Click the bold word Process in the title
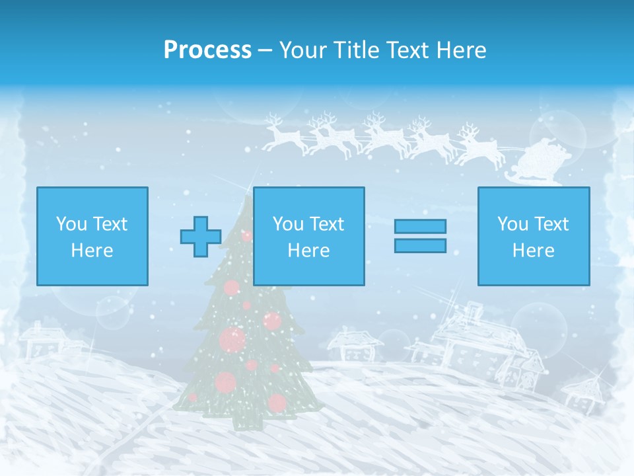coord(207,50)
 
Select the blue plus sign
coord(201,236)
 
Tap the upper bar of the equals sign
coord(420,226)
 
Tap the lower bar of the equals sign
coord(420,246)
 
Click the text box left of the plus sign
coord(92,236)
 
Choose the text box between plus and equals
coord(309,236)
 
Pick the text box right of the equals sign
coord(534,236)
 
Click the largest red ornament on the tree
coord(232,339)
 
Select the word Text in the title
coord(405,50)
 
